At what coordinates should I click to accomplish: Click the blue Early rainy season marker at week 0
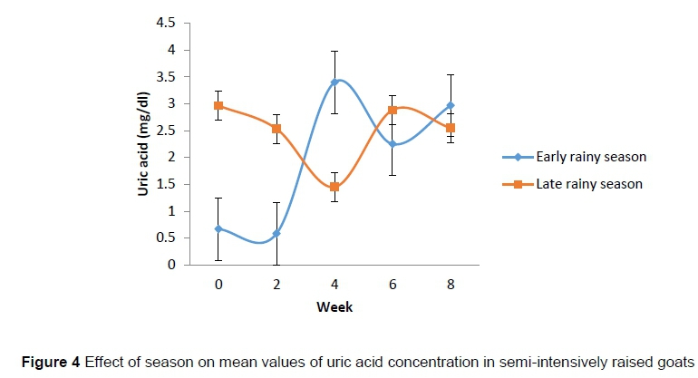click(x=218, y=229)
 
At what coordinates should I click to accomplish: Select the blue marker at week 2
click(x=276, y=234)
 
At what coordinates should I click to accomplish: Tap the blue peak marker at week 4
click(x=334, y=82)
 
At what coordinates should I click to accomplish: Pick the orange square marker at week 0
click(x=218, y=105)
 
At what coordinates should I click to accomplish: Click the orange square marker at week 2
click(x=276, y=129)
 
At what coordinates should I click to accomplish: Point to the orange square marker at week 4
click(x=334, y=187)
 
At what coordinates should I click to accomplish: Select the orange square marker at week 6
click(x=393, y=111)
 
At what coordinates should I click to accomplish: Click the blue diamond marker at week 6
click(x=393, y=144)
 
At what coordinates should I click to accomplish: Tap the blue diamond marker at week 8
click(x=451, y=106)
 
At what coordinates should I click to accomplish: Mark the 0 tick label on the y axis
click(x=171, y=266)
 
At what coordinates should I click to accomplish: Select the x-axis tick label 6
click(x=393, y=285)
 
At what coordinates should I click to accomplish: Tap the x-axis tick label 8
click(x=451, y=285)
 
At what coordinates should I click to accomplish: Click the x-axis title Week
click(x=334, y=307)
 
